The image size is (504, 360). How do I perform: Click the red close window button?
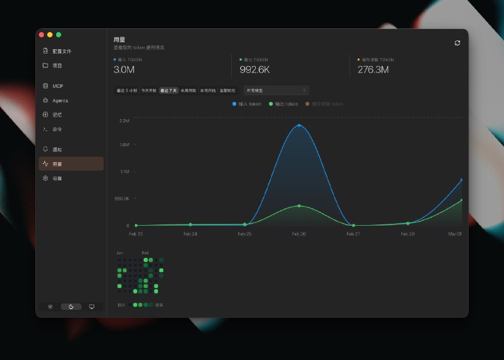tap(42, 35)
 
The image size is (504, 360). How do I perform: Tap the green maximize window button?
tap(59, 35)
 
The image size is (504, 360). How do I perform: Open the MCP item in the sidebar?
tap(57, 86)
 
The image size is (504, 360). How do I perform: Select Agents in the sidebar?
tap(60, 100)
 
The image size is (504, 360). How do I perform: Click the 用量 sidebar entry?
tap(57, 164)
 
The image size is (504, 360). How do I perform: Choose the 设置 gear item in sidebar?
tap(57, 178)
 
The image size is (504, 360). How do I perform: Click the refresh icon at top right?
tap(457, 43)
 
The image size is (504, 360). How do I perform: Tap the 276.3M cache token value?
tap(373, 70)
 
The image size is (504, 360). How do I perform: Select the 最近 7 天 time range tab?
tap(169, 91)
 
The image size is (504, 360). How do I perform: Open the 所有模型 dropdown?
tap(276, 91)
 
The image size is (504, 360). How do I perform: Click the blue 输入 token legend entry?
tap(247, 104)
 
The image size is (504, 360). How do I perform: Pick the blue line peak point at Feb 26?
tap(299, 125)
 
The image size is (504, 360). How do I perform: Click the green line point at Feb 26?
tap(299, 206)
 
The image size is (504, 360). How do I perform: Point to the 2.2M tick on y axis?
tap(124, 120)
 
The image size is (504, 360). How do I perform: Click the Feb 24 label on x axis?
tap(190, 234)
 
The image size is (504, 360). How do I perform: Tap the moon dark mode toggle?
tap(71, 306)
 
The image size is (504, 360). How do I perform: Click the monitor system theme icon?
tap(92, 306)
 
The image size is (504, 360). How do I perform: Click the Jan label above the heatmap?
tap(120, 252)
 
